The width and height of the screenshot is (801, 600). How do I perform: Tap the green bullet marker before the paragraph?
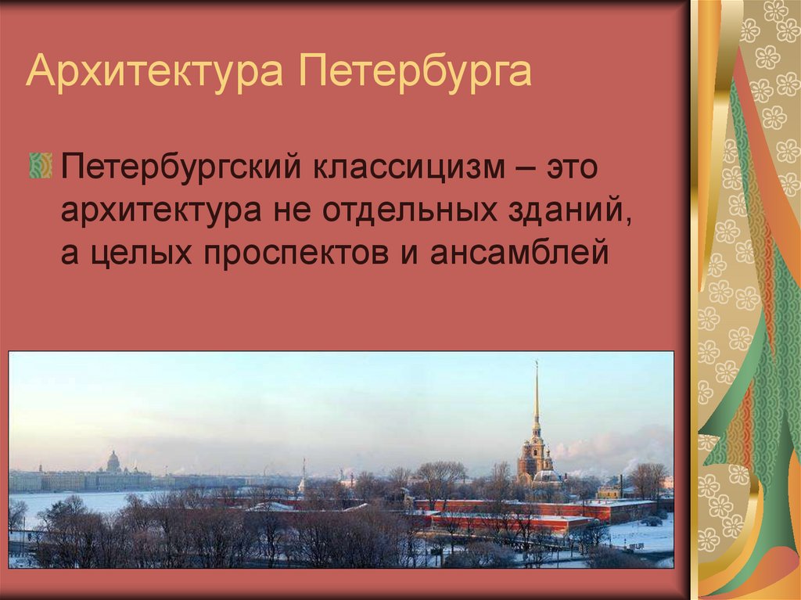coord(40,166)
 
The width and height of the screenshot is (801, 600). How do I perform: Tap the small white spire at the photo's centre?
coord(303,479)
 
